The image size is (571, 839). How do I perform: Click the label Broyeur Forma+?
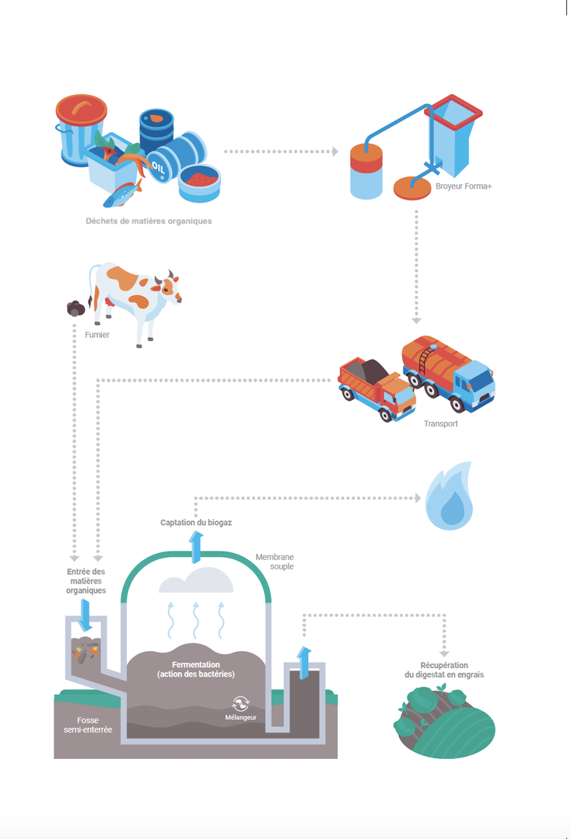point(464,187)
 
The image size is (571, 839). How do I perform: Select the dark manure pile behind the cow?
point(76,308)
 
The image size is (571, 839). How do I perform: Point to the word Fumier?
point(97,335)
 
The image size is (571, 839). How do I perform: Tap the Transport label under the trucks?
point(441,423)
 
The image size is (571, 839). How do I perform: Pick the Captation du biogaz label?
point(196,523)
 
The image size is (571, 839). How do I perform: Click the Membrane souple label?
point(275,562)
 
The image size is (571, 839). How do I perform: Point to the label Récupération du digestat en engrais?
point(444,670)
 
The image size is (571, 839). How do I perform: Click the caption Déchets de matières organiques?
point(149,221)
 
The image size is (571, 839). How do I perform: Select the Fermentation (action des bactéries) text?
point(195,669)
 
